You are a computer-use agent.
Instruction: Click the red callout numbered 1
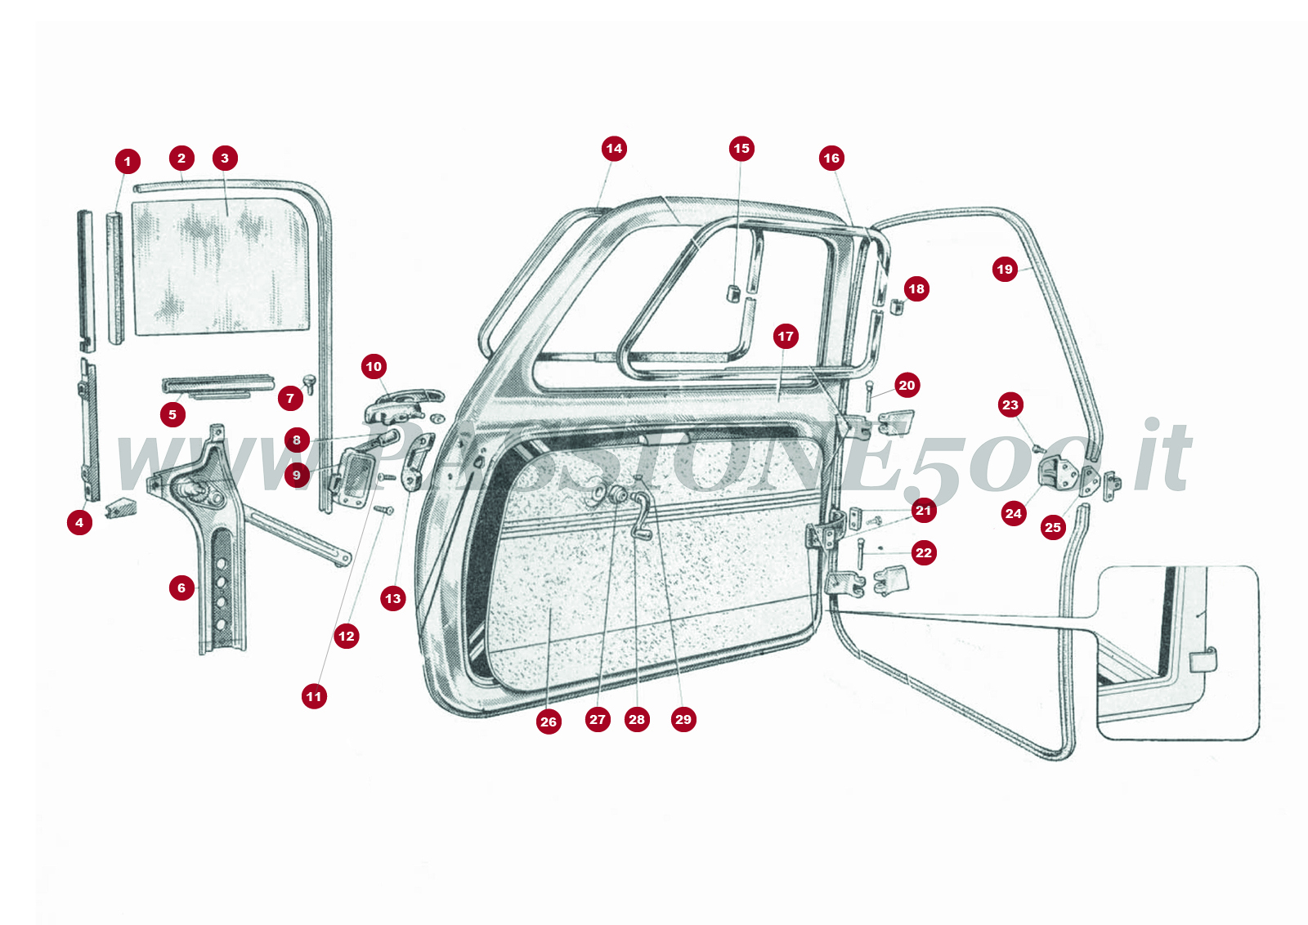click(x=128, y=161)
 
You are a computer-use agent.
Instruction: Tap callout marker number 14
click(x=614, y=149)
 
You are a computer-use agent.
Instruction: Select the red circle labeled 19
click(x=1005, y=269)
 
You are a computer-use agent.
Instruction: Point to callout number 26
click(x=549, y=722)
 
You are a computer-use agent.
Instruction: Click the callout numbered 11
click(x=314, y=696)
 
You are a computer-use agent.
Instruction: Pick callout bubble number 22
click(x=924, y=553)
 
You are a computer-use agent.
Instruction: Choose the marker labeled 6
click(x=181, y=588)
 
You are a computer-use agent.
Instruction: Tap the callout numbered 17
click(x=786, y=336)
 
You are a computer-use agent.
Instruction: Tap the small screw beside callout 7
click(x=309, y=382)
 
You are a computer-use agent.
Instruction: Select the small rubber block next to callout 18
click(x=895, y=307)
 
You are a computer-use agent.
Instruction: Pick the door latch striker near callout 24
click(x=1057, y=472)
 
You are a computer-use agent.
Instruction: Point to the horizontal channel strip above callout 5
click(x=217, y=382)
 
